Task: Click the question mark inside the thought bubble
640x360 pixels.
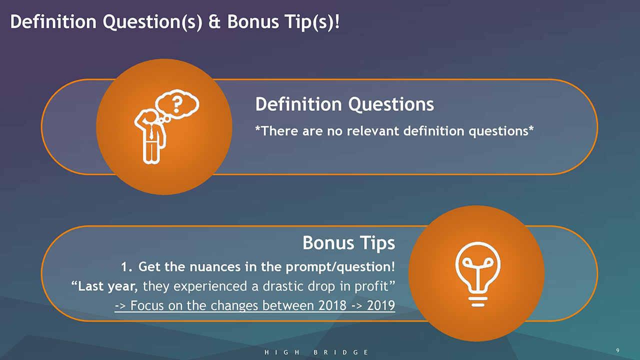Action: click(177, 104)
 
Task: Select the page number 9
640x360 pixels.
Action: click(617, 350)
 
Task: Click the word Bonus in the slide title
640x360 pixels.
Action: click(253, 21)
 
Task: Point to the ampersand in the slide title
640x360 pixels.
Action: click(214, 21)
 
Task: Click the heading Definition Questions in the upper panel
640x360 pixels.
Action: click(344, 104)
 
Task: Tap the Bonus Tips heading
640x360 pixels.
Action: click(349, 243)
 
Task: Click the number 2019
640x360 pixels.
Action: click(381, 305)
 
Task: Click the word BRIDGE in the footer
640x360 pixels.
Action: click(341, 352)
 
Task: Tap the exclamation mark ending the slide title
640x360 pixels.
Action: click(337, 21)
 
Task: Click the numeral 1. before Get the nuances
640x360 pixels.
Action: click(126, 267)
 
